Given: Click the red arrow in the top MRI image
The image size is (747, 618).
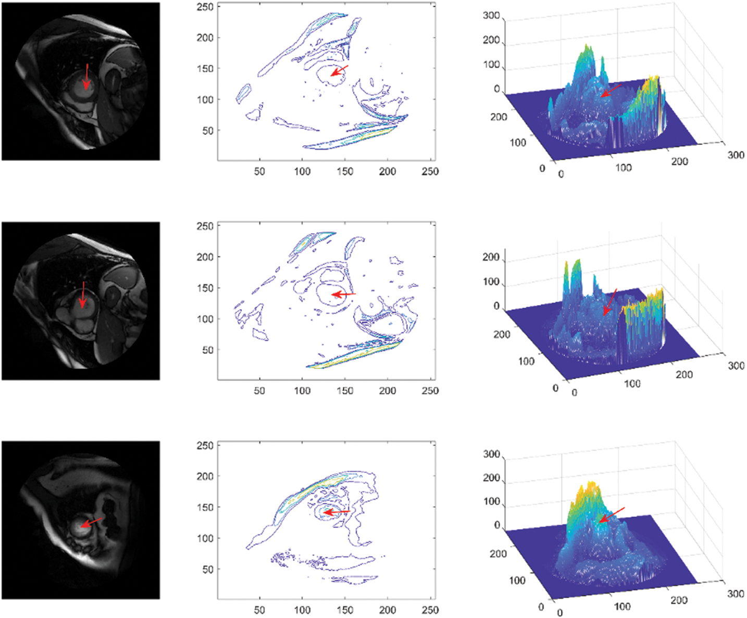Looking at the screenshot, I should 87,77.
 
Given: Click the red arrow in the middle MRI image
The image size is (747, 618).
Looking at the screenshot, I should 82,295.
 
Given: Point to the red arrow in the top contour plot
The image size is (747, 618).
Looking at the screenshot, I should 339,71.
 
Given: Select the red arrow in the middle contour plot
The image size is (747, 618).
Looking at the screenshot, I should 343,295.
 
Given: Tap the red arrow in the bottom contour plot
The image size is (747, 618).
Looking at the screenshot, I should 336,512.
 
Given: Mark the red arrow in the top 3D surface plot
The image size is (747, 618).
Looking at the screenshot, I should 610,91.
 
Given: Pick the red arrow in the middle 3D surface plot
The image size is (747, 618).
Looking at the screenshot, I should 609,302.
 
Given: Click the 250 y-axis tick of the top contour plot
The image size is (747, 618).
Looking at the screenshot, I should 205,7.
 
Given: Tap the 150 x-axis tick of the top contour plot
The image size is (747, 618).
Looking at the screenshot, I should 344,171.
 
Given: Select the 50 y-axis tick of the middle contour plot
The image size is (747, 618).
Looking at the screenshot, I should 207,350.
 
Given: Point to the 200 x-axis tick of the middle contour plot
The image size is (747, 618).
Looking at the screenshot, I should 387,390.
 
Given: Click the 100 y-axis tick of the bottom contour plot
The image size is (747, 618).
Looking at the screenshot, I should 205,538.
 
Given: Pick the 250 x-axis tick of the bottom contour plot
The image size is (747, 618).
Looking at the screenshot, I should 430,610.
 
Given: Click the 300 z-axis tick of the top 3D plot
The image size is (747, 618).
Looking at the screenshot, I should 491,16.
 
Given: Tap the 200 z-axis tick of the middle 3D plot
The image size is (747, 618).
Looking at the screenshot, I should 491,257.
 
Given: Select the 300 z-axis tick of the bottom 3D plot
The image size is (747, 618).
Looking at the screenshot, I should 491,455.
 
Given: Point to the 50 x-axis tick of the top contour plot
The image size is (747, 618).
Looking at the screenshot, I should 259,171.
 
